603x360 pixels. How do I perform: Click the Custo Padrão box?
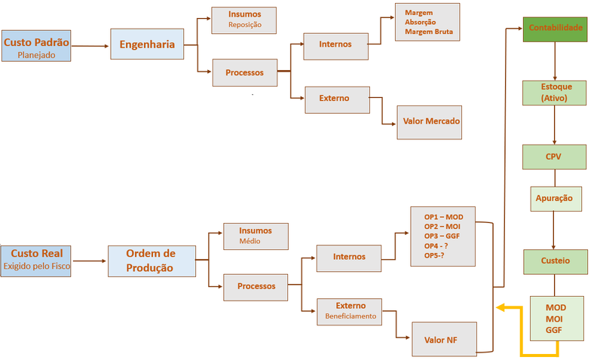click(36, 46)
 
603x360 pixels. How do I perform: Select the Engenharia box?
click(147, 44)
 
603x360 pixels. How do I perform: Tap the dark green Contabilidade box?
click(555, 29)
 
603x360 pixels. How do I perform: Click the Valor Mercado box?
click(429, 122)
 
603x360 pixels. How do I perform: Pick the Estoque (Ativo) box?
click(554, 93)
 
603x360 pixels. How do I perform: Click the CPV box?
click(554, 157)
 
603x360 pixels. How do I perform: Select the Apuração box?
click(556, 199)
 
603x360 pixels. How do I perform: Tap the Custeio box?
click(556, 261)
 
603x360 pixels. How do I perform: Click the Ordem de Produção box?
click(152, 261)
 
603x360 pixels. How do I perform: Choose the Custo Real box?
click(35, 261)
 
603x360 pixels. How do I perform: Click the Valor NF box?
click(444, 339)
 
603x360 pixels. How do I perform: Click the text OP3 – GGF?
click(442, 236)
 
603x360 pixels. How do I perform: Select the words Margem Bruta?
click(429, 32)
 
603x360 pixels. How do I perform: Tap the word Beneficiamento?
click(350, 316)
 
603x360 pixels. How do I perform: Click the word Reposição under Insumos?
click(245, 25)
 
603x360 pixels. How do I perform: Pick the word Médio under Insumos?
click(249, 241)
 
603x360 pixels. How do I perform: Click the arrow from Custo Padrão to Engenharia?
click(90, 46)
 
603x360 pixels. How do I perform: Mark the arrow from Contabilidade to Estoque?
click(555, 61)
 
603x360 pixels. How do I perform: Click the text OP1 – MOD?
click(443, 217)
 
